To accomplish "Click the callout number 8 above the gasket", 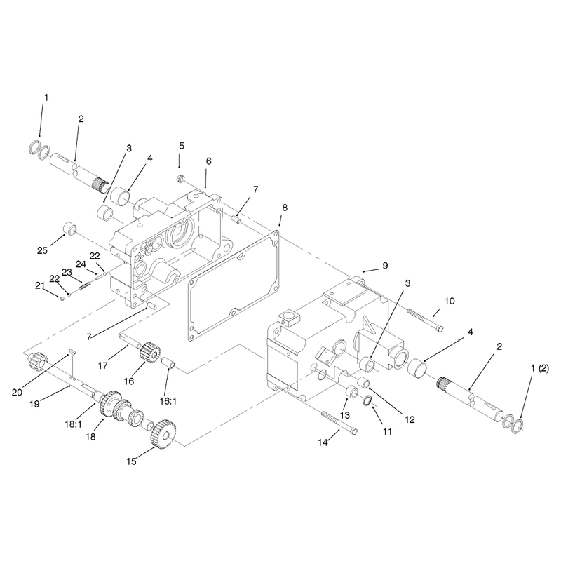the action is click(285, 208).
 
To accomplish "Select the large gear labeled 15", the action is click(163, 433).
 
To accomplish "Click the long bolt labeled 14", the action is click(340, 423).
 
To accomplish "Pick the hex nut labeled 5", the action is click(181, 178).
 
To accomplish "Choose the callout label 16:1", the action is click(168, 401).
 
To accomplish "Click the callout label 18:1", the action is click(74, 424).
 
